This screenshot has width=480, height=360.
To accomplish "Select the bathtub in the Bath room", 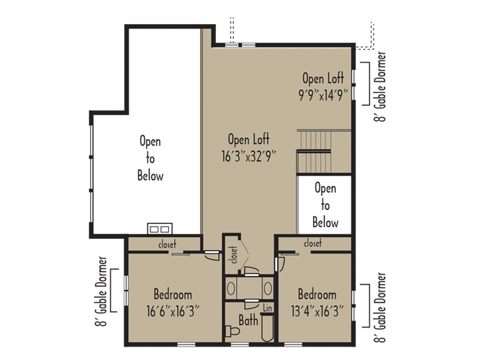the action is [x=267, y=328].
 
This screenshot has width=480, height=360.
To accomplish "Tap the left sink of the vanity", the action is [x=231, y=288].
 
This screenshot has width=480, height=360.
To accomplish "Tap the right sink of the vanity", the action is [x=268, y=288].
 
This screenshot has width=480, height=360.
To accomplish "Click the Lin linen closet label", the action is [x=267, y=308].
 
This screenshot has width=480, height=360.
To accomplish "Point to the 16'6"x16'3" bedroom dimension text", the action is [x=173, y=312].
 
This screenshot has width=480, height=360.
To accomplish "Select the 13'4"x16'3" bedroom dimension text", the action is [x=317, y=312].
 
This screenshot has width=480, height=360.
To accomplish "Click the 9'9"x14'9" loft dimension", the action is [x=323, y=96].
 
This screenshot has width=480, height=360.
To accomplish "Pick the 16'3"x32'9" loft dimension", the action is [x=249, y=156].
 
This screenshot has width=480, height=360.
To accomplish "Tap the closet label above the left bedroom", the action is [x=167, y=244].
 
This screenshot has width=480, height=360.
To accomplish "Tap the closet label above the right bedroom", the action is [x=312, y=243].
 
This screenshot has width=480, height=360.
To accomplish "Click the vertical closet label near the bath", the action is [x=233, y=255].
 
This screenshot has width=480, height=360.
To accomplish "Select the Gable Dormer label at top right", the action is [x=380, y=86].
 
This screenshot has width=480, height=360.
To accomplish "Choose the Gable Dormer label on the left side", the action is [x=101, y=291].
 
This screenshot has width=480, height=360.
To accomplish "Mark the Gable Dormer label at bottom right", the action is [x=380, y=307].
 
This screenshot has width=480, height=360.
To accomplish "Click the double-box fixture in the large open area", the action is [x=160, y=228].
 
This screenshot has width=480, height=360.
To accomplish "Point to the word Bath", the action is [x=248, y=321].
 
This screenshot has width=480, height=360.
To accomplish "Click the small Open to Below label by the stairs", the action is [x=325, y=205].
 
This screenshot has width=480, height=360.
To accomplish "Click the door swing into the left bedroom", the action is [x=212, y=256].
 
